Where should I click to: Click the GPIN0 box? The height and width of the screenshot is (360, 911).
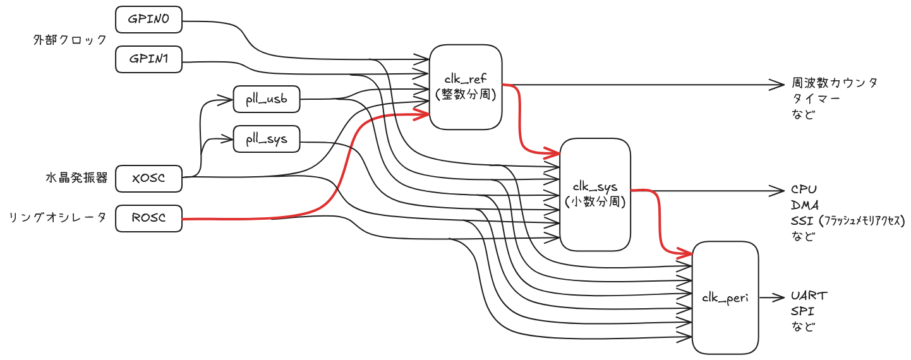[148, 20]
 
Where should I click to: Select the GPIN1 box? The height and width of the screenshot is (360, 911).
[148, 60]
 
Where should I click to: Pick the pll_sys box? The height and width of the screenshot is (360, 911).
[266, 139]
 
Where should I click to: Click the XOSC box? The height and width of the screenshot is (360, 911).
[148, 179]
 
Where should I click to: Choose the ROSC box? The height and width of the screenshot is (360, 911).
[148, 218]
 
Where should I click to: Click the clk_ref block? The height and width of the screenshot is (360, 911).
[466, 87]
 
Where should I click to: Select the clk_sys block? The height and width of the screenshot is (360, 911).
[595, 195]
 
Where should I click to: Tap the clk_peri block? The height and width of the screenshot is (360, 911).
[725, 297]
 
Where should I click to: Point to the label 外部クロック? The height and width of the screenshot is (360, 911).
[70, 40]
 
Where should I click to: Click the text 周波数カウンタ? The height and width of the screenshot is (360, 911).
[834, 83]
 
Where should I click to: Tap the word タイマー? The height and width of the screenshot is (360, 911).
[816, 99]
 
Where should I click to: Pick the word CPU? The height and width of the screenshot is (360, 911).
[804, 189]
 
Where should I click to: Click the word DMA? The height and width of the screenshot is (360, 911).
[804, 205]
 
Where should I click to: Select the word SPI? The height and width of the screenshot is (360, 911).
[802, 311]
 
